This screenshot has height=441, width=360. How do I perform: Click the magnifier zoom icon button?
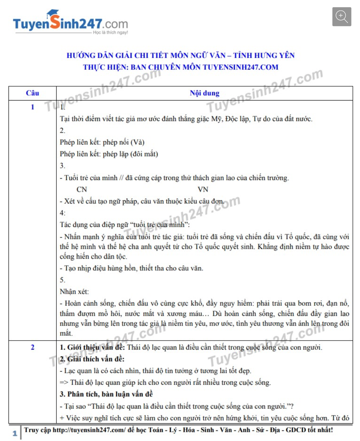click(x=342, y=17)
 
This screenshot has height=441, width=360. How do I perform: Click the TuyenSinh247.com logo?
click(x=70, y=23)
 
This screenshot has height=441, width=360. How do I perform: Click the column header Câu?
click(x=32, y=93)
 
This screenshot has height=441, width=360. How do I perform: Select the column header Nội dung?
click(x=204, y=93)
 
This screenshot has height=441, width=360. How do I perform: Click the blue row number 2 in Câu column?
click(x=32, y=347)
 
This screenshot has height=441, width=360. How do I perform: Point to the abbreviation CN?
click(x=82, y=189)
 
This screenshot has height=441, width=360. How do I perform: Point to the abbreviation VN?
click(x=203, y=189)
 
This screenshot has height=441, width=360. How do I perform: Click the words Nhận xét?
click(x=74, y=291)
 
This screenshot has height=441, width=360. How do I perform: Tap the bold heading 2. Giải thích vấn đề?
click(x=92, y=359)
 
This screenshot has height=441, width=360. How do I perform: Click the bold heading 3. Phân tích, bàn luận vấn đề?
click(x=106, y=394)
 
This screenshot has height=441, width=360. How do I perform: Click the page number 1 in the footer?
click(x=15, y=433)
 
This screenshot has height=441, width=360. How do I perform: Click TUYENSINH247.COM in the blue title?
click(x=240, y=67)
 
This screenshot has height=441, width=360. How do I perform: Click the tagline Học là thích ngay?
click(x=110, y=32)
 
